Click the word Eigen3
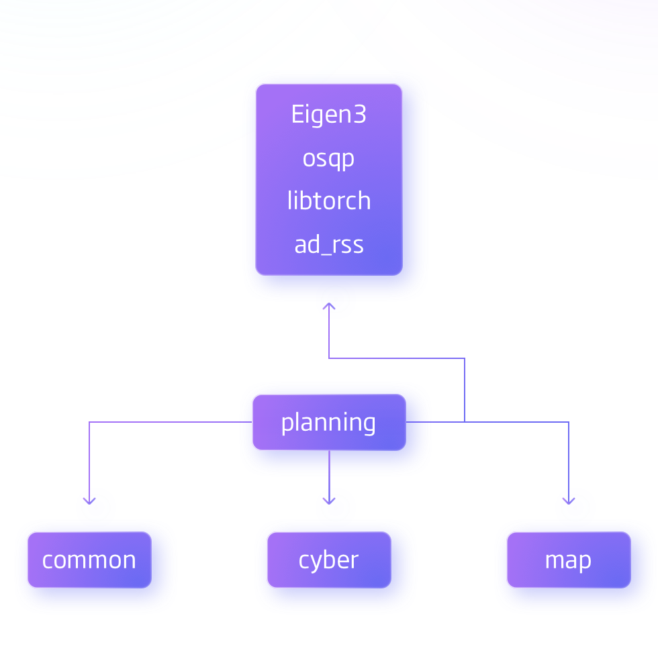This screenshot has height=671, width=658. click(x=328, y=115)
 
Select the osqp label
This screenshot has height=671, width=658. click(x=328, y=159)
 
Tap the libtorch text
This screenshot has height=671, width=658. click(x=328, y=201)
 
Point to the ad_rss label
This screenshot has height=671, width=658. click(x=328, y=245)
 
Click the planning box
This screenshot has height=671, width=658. click(x=328, y=422)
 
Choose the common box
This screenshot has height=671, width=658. click(x=89, y=560)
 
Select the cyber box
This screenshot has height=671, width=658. click(x=328, y=560)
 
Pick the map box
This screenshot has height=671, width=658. click(x=568, y=560)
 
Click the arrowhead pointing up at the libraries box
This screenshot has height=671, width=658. click(x=328, y=306)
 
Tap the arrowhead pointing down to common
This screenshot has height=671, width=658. click(x=89, y=501)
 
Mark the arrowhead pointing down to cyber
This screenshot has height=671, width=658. click(x=328, y=501)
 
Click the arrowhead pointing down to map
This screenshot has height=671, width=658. click(x=569, y=501)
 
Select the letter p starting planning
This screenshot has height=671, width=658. click(x=287, y=424)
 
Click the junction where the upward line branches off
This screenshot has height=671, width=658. click(x=465, y=422)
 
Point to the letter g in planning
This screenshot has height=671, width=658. click(x=368, y=425)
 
